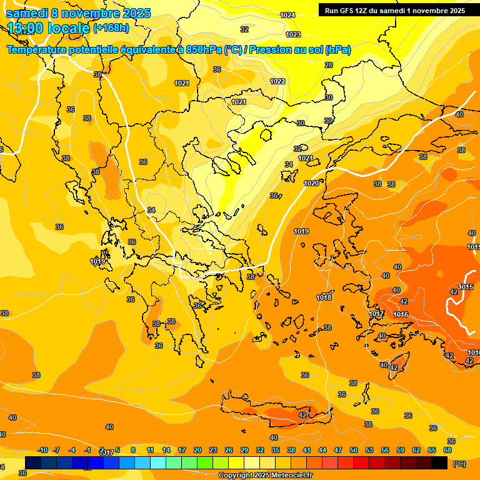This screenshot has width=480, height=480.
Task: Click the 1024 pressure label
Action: point(287,15)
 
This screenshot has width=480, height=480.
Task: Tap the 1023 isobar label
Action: point(292,34)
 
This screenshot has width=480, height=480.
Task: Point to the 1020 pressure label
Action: point(311,183)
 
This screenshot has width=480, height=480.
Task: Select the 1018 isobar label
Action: point(324,297)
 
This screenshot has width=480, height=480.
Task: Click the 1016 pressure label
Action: point(401,314)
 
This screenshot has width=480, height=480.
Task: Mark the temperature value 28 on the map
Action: point(329,65)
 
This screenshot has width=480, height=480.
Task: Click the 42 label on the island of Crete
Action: point(302,415)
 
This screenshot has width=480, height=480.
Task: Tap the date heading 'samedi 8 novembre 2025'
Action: point(78,13)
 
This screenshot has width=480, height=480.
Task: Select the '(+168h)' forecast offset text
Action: point(111,28)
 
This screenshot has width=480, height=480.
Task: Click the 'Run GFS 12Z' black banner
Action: point(394,11)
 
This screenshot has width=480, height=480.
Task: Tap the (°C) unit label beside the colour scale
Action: point(459,464)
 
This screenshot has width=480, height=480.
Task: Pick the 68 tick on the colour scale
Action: point(447,450)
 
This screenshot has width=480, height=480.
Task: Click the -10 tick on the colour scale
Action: point(42,450)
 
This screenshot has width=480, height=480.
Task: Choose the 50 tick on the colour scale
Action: point(354,450)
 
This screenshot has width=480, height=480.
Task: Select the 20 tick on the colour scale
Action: point(197,450)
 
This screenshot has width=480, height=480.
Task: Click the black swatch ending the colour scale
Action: point(439,462)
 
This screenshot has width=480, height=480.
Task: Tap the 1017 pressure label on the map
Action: point(376,314)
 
